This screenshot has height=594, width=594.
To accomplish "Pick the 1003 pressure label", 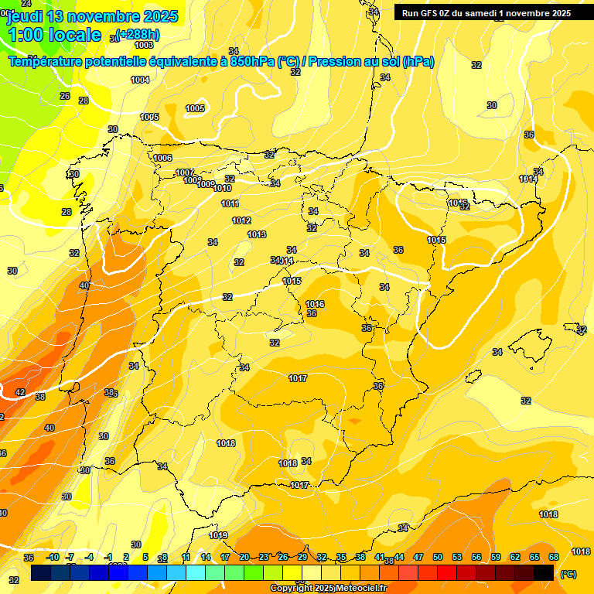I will [x=144, y=45].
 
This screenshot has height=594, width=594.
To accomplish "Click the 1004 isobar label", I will [x=140, y=80].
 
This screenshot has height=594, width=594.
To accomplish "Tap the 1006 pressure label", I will [x=162, y=158].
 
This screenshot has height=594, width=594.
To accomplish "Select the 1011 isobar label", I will [x=230, y=203].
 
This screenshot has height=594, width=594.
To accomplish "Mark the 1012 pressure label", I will [x=241, y=220].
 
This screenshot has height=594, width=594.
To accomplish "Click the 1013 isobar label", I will [x=257, y=234].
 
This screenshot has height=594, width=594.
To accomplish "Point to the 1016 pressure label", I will [x=315, y=304].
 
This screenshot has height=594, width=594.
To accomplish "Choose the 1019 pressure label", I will [x=218, y=535].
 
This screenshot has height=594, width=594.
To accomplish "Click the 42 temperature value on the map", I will [x=20, y=392].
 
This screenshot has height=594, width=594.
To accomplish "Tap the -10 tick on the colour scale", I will [x=53, y=557].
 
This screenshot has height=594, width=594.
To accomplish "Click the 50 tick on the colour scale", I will [x=438, y=557].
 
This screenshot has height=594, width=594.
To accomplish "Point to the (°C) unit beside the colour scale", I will [x=568, y=573].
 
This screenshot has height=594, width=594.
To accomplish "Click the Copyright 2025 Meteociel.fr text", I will [x=329, y=589].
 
